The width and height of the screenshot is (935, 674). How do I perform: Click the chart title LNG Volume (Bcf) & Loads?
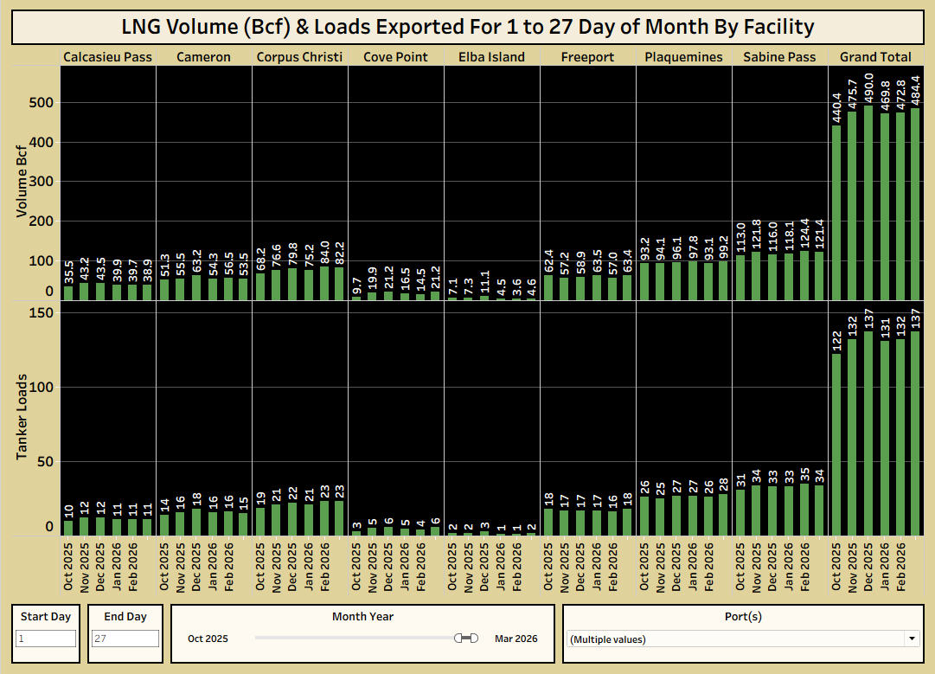click(x=467, y=27)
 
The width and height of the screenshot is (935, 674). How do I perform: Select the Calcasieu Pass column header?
click(x=107, y=57)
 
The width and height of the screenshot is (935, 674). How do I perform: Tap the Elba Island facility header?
click(x=491, y=57)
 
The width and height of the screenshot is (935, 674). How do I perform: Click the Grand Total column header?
click(x=875, y=57)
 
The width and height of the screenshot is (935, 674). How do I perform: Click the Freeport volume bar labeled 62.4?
click(x=548, y=287)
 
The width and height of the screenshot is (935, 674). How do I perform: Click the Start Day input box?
click(x=46, y=639)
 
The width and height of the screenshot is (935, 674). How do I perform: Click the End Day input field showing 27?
click(x=125, y=639)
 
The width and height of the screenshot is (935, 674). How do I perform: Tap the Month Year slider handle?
click(x=468, y=638)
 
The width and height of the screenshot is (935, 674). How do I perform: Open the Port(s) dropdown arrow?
click(x=911, y=639)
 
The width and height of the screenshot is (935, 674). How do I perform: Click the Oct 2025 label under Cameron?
click(x=165, y=567)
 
